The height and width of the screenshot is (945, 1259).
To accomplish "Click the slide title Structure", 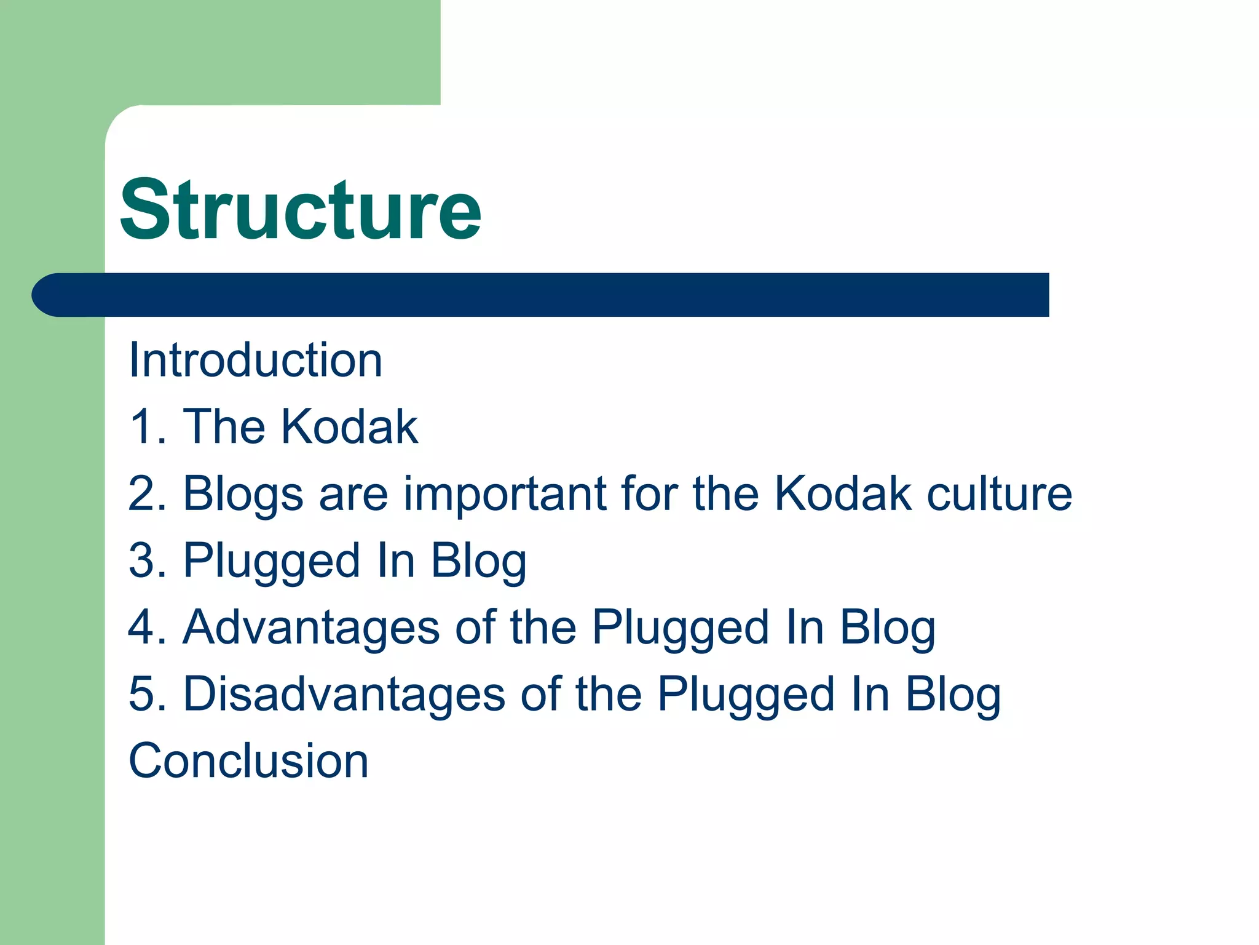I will pos(300,210).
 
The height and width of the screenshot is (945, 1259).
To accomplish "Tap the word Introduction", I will pos(255,361).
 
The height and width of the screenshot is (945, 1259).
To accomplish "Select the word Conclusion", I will pos(248,761).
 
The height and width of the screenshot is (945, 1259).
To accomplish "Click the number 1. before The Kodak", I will pos(148,427).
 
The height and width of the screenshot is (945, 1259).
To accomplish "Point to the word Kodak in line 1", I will pos(349,427).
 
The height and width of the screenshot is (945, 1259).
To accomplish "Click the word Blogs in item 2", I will pos(243,494).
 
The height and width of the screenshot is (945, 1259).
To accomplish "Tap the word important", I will pos(505,494).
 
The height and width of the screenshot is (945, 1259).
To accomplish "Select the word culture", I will pos(999,494).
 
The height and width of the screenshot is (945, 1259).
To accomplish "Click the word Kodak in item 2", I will pos(842,494).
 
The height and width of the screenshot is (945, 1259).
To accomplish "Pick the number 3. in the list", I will pos(148,561).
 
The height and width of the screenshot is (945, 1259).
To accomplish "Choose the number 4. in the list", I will pos(148,628).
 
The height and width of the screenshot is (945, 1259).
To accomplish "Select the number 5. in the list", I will pos(148,695).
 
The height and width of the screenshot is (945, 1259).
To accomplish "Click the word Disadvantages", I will pos(344,695).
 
